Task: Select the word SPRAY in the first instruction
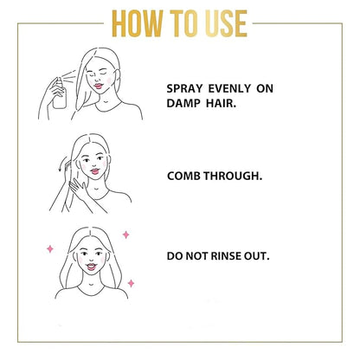(x=183, y=87)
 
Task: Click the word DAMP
(x=183, y=102)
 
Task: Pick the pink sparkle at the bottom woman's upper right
(x=126, y=235)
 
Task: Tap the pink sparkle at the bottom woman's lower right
(x=131, y=282)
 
